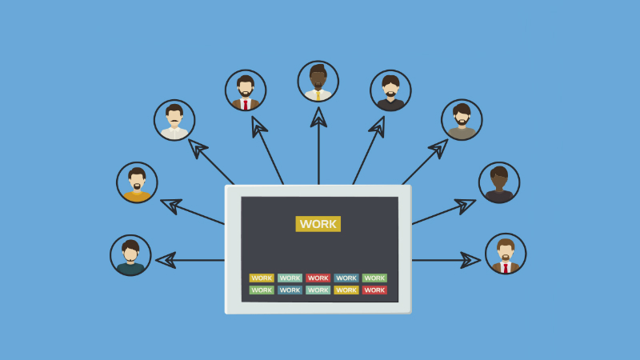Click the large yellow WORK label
click(318, 224)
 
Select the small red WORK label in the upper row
click(318, 278)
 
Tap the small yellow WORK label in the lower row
click(346, 290)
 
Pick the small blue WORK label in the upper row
click(346, 278)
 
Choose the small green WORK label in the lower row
click(262, 290)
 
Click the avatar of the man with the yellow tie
click(318, 82)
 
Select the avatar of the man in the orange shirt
click(137, 182)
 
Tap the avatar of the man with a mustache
click(174, 120)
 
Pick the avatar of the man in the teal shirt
click(130, 255)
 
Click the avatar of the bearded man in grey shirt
click(462, 120)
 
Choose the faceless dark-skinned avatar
click(499, 182)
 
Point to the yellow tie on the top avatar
click(318, 94)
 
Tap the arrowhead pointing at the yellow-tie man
click(318, 118)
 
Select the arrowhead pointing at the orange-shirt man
click(170, 204)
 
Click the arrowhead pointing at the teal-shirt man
click(166, 260)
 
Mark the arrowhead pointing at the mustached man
click(197, 147)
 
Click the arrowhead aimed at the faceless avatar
click(466, 204)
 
